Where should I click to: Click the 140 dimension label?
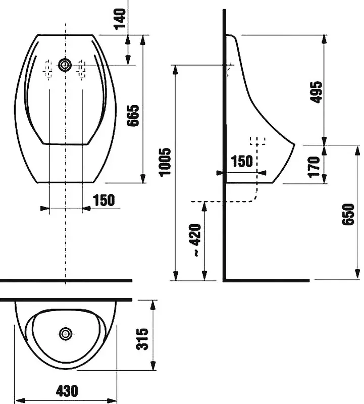[120, 19]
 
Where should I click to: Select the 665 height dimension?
[133, 116]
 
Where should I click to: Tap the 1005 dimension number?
[165, 162]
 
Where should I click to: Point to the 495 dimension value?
[316, 92]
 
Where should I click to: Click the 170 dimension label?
[314, 167]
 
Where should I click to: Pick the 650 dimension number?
[348, 214]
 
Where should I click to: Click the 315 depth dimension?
[142, 339]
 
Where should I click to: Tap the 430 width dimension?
[67, 391]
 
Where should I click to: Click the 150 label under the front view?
[104, 200]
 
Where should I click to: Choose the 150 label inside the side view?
[242, 161]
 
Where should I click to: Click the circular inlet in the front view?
[65, 65]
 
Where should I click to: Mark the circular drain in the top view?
[66, 334]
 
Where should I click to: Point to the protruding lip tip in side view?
[294, 144]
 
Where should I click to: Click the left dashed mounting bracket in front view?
[48, 70]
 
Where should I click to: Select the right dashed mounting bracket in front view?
[81, 70]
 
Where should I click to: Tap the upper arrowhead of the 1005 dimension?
[175, 70]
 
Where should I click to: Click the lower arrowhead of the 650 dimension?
[357, 274]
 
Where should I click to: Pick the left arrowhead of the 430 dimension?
[20, 400]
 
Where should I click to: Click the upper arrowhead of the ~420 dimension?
[204, 207]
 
